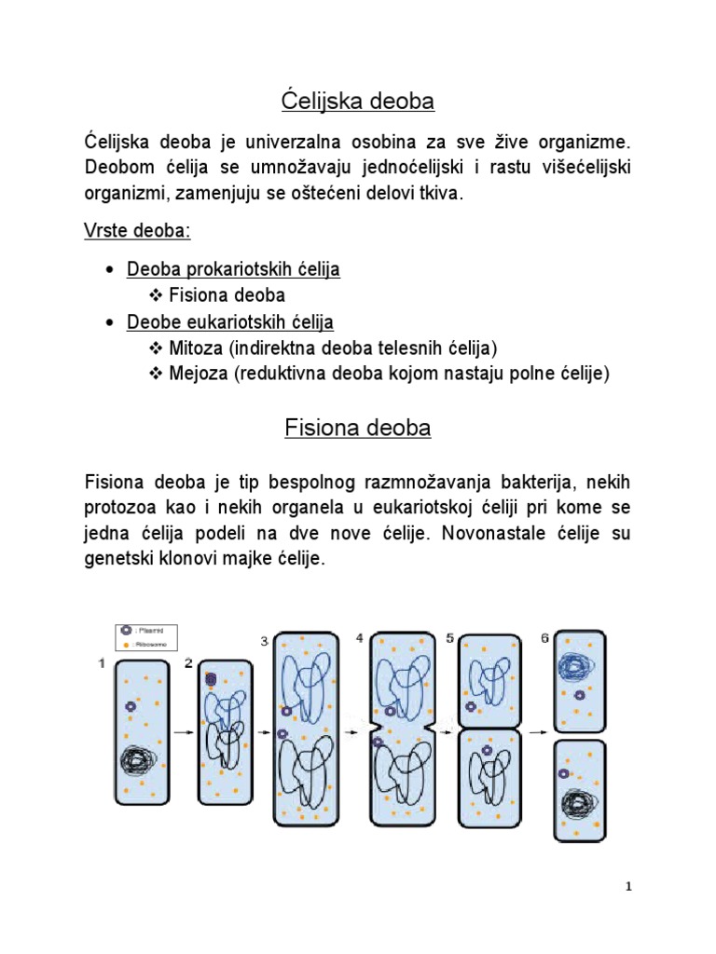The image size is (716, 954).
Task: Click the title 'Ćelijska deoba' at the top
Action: [358, 101]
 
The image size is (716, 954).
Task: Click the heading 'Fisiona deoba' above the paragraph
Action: [358, 429]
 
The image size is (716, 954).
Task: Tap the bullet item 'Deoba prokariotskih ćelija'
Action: [233, 269]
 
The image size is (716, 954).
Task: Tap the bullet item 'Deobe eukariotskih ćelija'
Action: [229, 322]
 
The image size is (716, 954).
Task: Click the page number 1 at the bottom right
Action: [629, 888]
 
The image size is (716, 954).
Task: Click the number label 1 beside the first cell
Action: [101, 662]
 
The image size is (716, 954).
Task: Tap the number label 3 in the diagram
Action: [264, 641]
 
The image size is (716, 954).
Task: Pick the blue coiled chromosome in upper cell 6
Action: [577, 664]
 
